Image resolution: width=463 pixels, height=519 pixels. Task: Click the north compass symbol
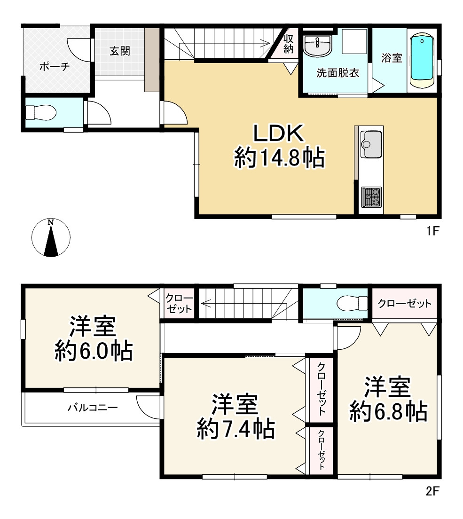(51, 237)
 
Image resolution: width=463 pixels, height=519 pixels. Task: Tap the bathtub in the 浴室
(422, 61)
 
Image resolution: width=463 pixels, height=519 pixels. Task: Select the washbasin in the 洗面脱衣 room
(317, 46)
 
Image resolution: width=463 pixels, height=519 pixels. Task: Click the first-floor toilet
(41, 112)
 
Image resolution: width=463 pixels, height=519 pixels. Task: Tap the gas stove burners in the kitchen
(372, 197)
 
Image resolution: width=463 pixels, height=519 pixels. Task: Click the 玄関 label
(119, 51)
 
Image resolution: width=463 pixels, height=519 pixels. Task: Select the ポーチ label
(55, 67)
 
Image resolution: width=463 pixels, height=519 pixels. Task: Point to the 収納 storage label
(288, 44)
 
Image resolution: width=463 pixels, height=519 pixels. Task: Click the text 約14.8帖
(279, 158)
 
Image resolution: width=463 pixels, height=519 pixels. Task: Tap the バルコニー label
(93, 407)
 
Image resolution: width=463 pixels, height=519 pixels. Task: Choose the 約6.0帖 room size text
(94, 351)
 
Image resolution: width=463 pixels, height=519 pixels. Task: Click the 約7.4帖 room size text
(235, 429)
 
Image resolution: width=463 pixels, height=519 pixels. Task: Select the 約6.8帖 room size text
(389, 411)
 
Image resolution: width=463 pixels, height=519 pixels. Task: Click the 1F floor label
(432, 231)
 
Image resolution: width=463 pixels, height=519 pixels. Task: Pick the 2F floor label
(432, 491)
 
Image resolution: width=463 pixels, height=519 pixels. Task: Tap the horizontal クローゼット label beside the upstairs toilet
(404, 303)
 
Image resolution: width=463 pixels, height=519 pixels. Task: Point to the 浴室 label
(392, 58)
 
